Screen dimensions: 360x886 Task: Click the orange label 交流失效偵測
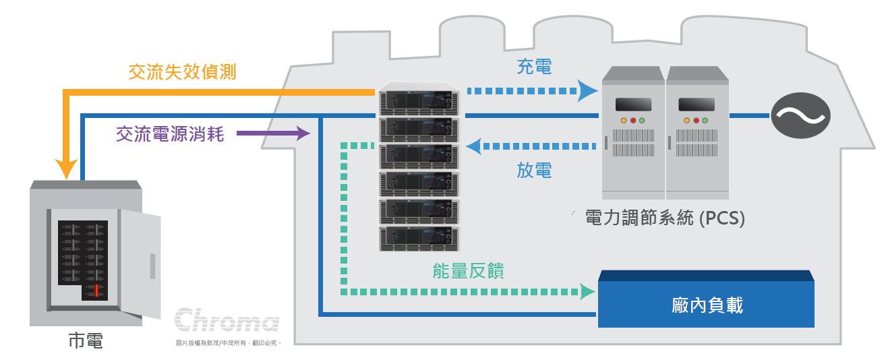(x=182, y=72)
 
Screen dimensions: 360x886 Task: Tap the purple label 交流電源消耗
(x=169, y=134)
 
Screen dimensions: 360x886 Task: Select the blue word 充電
(x=534, y=66)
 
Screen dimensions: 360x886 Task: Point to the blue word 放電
(x=534, y=171)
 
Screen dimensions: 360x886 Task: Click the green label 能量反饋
(x=468, y=271)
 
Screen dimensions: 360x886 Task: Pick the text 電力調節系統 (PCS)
(x=665, y=218)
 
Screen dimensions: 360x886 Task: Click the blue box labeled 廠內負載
(x=707, y=305)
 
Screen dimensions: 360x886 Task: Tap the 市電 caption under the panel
(x=86, y=340)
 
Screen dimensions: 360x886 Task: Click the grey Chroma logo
(x=227, y=321)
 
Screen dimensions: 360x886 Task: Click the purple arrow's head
(x=302, y=133)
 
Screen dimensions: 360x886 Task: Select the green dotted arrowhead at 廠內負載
(x=587, y=291)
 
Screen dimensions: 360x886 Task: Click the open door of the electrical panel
(x=140, y=263)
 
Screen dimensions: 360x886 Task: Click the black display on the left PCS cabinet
(x=633, y=104)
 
